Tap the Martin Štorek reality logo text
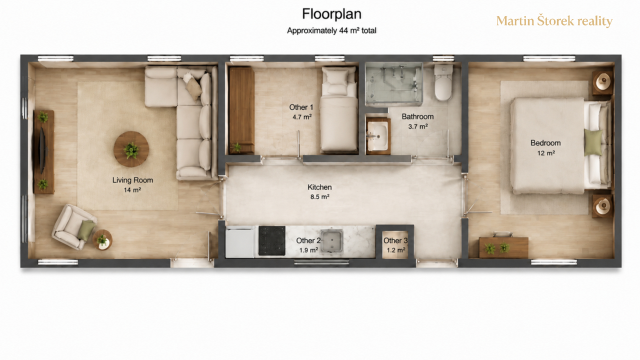tap(554, 21)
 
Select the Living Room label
tap(132, 180)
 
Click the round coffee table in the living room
tap(131, 149)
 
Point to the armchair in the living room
tap(73, 226)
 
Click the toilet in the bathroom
tap(443, 82)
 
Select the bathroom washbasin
tap(377, 136)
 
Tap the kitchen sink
tap(331, 241)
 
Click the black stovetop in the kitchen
tap(271, 240)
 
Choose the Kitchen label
tap(319, 187)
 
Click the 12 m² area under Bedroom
tap(546, 153)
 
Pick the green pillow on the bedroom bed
tap(593, 142)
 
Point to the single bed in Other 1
tap(339, 109)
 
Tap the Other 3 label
tap(395, 241)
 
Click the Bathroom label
tap(417, 116)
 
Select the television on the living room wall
tap(42, 150)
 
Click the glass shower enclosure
tap(393, 83)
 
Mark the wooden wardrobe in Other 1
tap(241, 110)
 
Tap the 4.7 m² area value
tap(302, 117)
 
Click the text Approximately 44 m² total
tap(331, 30)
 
